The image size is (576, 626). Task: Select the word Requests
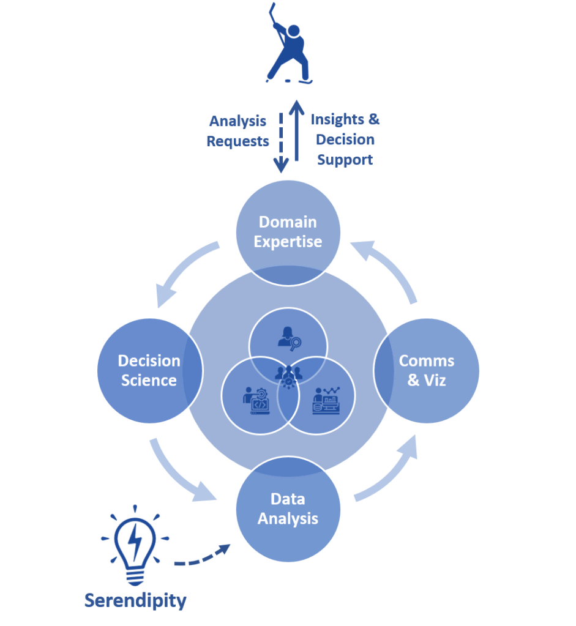click(x=238, y=141)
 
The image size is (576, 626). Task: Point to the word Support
click(x=345, y=160)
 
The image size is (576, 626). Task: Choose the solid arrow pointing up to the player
click(x=297, y=131)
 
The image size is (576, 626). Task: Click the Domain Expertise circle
click(x=288, y=232)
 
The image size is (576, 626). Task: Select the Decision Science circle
click(x=149, y=370)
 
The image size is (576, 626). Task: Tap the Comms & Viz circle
click(x=427, y=370)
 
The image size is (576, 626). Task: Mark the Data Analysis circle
click(x=288, y=509)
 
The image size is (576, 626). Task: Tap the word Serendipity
click(x=135, y=600)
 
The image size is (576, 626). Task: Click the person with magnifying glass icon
click(x=288, y=337)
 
